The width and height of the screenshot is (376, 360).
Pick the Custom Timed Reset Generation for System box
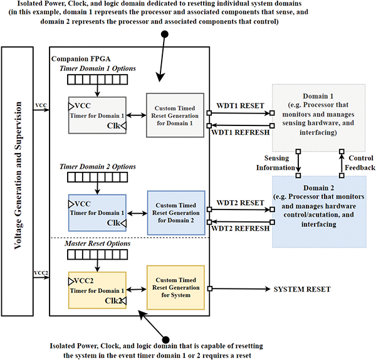[176, 288]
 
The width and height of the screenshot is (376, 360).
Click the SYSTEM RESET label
[301, 289]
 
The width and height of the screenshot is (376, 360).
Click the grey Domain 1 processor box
[319, 113]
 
